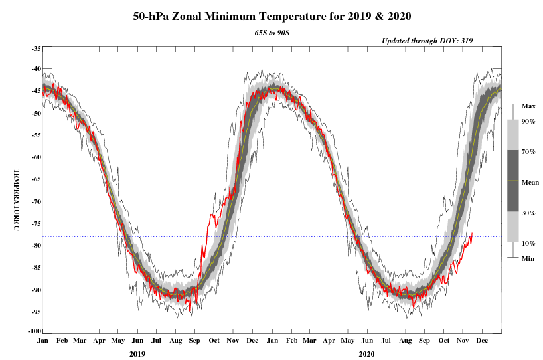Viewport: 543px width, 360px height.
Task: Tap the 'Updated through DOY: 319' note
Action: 427,41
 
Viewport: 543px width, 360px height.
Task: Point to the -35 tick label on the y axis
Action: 36,49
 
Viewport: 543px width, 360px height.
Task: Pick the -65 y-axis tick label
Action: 36,179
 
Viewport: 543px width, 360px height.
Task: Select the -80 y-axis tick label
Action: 36,246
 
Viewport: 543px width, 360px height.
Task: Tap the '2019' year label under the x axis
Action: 137,354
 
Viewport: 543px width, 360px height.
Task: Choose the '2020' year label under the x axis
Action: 366,354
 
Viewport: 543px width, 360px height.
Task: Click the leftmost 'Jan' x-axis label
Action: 42,341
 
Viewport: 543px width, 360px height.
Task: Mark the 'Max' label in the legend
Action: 528,106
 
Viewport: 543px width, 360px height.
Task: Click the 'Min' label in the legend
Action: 528,258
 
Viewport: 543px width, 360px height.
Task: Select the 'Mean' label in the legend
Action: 530,181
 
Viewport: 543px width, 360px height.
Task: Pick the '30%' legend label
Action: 528,213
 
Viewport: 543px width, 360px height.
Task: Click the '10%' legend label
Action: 528,243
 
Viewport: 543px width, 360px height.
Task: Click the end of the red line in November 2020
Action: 471,234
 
